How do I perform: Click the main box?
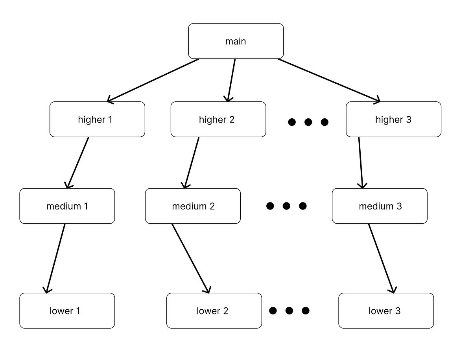point(236,41)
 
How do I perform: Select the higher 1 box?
point(97,119)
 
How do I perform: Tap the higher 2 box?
point(218,119)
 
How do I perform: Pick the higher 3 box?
point(393,119)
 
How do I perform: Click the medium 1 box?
point(67,206)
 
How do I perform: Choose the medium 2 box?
point(193,206)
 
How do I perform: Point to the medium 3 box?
point(380,206)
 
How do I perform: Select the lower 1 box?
point(67,311)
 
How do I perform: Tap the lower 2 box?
point(214,311)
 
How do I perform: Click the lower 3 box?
point(386,311)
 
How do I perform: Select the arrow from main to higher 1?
point(153,81)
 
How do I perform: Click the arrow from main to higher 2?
point(232,81)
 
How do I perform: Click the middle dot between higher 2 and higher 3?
point(308,122)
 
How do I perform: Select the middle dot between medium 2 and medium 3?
point(286,206)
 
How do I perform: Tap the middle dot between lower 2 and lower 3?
point(289,311)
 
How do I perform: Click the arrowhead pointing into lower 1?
point(47,290)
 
